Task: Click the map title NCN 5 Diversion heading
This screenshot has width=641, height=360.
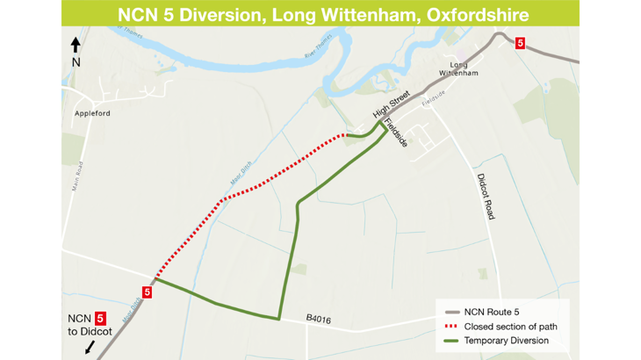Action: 320,14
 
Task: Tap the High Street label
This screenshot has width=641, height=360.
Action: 392,111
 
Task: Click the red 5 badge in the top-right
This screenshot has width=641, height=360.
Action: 520,42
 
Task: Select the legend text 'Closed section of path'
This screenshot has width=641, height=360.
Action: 510,326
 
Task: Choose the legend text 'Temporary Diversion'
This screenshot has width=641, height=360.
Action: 507,340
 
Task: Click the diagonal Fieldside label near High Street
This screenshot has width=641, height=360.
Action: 397,133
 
